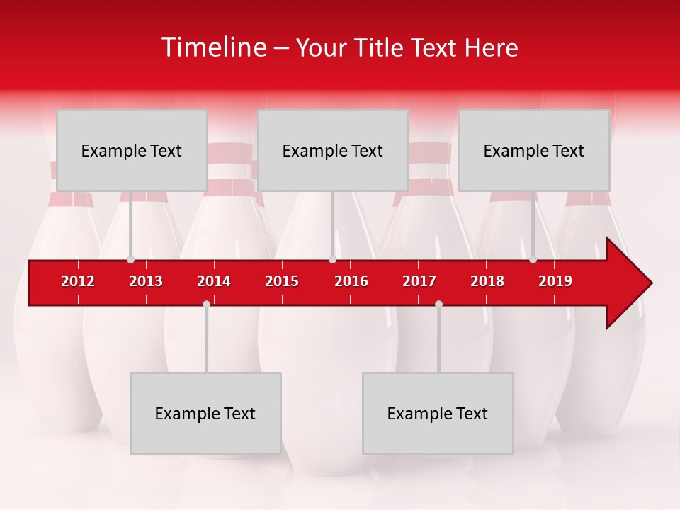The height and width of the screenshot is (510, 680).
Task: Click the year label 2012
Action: (78, 281)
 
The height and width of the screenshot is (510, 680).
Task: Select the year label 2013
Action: (146, 281)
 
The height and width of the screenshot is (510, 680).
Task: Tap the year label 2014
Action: (214, 281)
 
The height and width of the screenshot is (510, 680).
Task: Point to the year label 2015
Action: (282, 281)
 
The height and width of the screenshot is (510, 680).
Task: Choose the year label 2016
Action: (351, 281)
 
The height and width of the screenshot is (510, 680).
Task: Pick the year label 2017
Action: (419, 281)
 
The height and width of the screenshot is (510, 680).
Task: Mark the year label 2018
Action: (487, 281)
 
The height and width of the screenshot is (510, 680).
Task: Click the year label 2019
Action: (555, 281)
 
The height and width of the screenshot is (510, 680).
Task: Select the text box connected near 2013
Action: (132, 150)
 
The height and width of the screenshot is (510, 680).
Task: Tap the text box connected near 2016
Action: (333, 150)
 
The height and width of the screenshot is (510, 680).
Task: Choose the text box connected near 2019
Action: (534, 150)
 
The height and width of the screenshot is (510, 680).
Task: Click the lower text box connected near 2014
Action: (205, 413)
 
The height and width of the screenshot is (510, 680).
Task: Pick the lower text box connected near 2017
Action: (438, 413)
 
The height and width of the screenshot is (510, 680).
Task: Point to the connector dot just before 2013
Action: (130, 260)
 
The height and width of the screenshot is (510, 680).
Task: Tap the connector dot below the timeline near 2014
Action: (206, 304)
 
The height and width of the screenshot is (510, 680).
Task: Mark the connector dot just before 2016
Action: (332, 260)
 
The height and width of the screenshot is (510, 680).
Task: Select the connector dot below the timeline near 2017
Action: (438, 304)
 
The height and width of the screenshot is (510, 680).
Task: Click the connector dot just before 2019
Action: (533, 260)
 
